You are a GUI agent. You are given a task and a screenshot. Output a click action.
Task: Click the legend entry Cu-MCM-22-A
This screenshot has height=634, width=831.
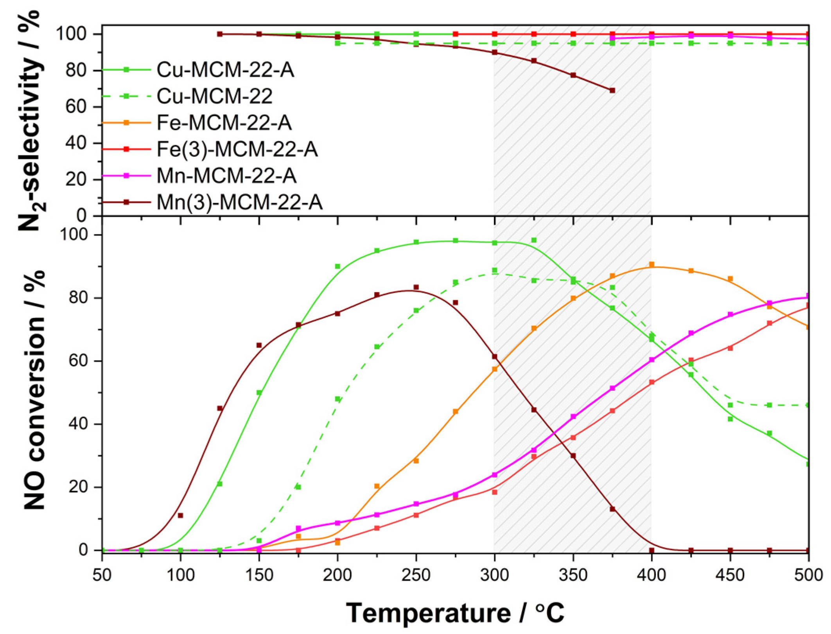(x=225, y=70)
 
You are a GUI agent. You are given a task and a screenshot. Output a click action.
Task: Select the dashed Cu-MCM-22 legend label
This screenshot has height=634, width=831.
(x=214, y=96)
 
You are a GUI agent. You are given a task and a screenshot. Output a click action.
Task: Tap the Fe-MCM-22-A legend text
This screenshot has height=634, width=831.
(x=224, y=123)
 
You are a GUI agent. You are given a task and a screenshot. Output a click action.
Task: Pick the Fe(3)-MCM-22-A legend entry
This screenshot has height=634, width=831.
(x=237, y=149)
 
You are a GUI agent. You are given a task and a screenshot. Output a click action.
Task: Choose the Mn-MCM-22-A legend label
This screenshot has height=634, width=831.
(x=226, y=176)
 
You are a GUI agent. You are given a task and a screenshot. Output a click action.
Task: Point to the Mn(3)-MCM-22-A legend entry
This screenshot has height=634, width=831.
(x=239, y=202)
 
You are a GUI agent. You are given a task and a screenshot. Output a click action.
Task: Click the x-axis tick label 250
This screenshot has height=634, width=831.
(x=416, y=575)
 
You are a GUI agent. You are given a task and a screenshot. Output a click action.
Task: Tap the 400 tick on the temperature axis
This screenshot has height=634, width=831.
(x=651, y=575)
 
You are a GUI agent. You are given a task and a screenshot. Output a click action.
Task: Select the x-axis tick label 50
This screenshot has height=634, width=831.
(x=102, y=575)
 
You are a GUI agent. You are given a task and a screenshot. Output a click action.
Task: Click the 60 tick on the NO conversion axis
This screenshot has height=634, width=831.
(x=79, y=361)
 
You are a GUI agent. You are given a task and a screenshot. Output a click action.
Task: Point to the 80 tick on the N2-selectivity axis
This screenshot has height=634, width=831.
(x=75, y=70)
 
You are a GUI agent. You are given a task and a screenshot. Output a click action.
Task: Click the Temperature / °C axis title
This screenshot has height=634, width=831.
(x=455, y=612)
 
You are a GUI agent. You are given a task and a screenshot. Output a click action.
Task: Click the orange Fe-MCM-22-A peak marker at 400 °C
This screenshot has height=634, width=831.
(x=652, y=265)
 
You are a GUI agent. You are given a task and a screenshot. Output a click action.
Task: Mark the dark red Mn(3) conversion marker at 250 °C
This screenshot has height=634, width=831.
(x=416, y=287)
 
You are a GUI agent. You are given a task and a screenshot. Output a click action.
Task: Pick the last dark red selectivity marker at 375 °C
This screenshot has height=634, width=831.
(x=612, y=90)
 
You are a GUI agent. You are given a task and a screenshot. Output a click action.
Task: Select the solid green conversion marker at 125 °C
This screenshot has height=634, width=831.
(x=220, y=484)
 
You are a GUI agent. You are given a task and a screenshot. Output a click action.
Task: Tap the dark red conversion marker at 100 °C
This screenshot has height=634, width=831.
(x=180, y=515)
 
